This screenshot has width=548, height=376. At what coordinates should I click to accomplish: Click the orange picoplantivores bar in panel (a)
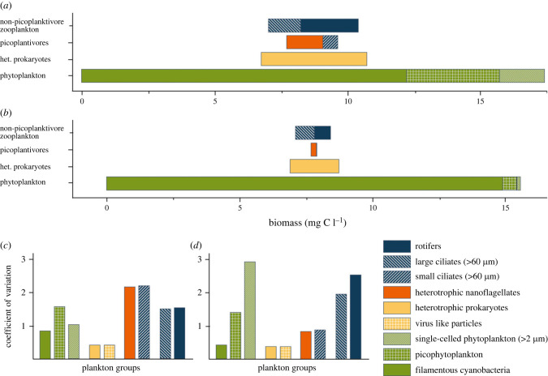pos(304,42)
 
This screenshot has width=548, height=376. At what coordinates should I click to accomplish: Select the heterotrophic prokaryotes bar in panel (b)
pos(314,166)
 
